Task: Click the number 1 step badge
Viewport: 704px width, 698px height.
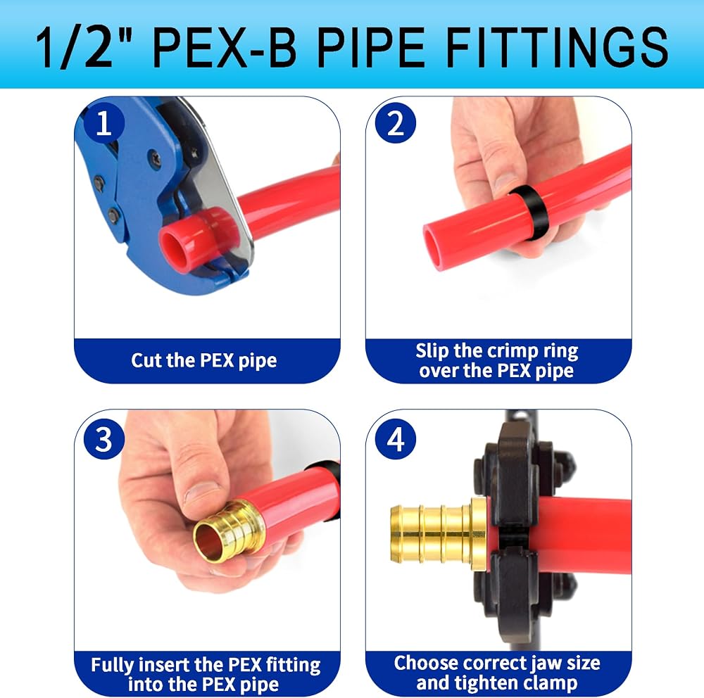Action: (103, 123)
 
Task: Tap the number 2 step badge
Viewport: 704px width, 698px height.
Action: (396, 123)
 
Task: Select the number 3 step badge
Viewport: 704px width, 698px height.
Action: (103, 439)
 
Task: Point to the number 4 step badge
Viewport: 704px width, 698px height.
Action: (396, 439)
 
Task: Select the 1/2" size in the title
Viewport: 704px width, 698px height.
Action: (84, 47)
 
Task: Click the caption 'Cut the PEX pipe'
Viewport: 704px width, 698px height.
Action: (204, 361)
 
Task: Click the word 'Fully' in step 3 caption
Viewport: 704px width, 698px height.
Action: (111, 664)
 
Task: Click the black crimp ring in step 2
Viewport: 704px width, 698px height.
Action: (527, 213)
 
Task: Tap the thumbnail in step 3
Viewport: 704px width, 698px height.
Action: (202, 494)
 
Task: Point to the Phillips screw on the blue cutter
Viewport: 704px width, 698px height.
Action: (156, 158)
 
